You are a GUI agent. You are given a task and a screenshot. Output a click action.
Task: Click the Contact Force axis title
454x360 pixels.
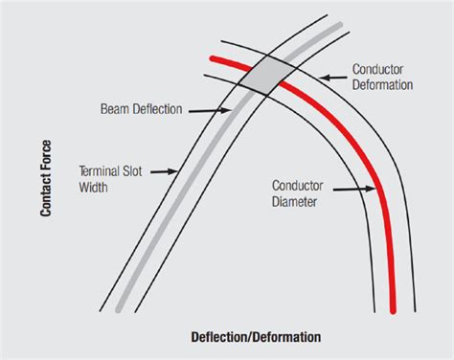(45, 178)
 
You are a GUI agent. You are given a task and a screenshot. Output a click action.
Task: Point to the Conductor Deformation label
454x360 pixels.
(382, 77)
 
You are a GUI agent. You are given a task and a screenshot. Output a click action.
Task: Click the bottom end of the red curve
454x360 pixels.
(393, 310)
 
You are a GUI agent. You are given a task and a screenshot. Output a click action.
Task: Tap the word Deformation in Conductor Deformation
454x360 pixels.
(382, 84)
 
